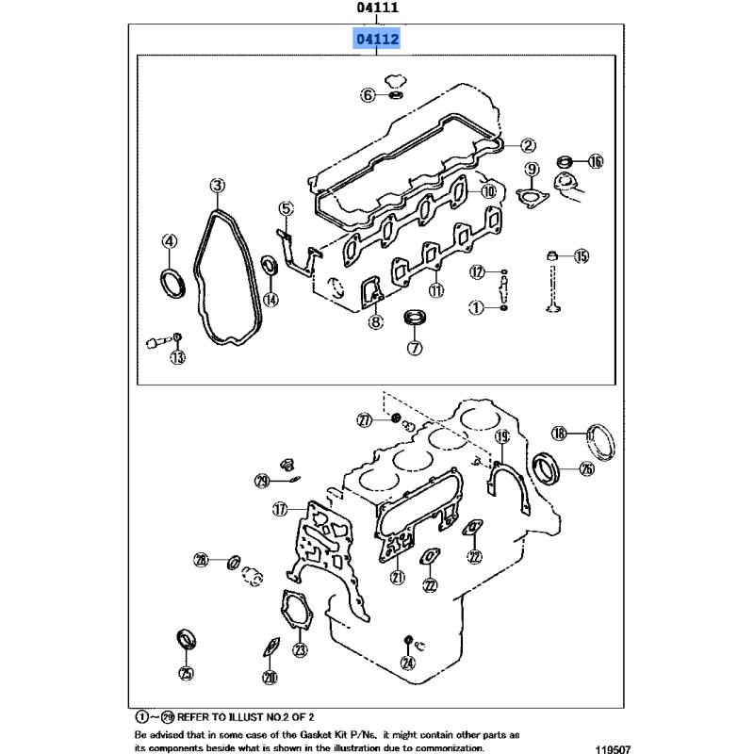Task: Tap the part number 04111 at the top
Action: [x=378, y=8]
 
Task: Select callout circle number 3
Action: [x=218, y=186]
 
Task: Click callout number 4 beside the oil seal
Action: [x=170, y=241]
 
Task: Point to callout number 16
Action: [x=596, y=161]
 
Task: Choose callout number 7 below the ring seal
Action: [x=415, y=348]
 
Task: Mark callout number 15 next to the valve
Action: [x=582, y=256]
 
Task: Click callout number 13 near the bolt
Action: [x=177, y=357]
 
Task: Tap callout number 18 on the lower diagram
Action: [x=559, y=434]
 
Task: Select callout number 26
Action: [x=586, y=468]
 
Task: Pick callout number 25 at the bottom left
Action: [x=187, y=673]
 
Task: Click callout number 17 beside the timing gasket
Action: [x=279, y=509]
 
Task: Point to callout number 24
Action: [x=408, y=664]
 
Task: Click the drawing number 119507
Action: [x=613, y=749]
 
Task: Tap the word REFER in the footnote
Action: [x=194, y=717]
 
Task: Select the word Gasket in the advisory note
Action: [x=315, y=735]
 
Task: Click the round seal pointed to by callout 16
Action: [x=565, y=161]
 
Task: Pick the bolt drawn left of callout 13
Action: [x=158, y=342]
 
